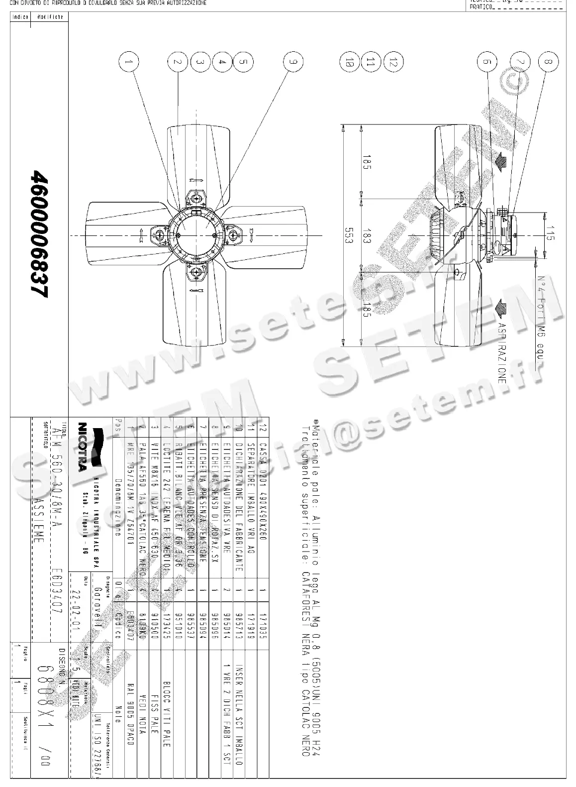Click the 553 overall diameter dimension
(x=350, y=234)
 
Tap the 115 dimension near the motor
(x=550, y=232)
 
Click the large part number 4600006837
(x=40, y=234)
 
